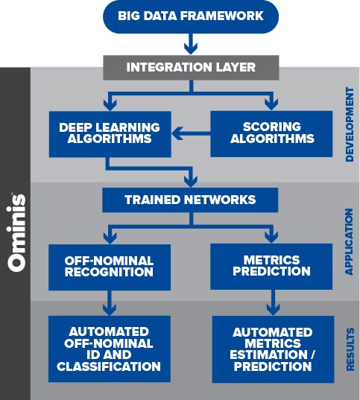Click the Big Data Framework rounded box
191,16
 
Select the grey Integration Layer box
191,68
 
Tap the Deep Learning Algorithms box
110,134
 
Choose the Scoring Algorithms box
271,133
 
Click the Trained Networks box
190,200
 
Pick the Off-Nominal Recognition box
110,267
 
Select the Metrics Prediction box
271,267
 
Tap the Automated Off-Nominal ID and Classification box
110,349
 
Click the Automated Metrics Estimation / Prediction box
273,349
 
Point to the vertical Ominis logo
17,232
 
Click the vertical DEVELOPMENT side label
350,124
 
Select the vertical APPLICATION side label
349,241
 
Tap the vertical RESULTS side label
350,349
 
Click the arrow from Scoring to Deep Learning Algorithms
191,133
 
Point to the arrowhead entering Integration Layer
191,48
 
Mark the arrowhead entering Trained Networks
191,180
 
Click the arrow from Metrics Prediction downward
273,302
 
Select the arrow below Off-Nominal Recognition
110,303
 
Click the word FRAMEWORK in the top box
223,16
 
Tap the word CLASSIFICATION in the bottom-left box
109,366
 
